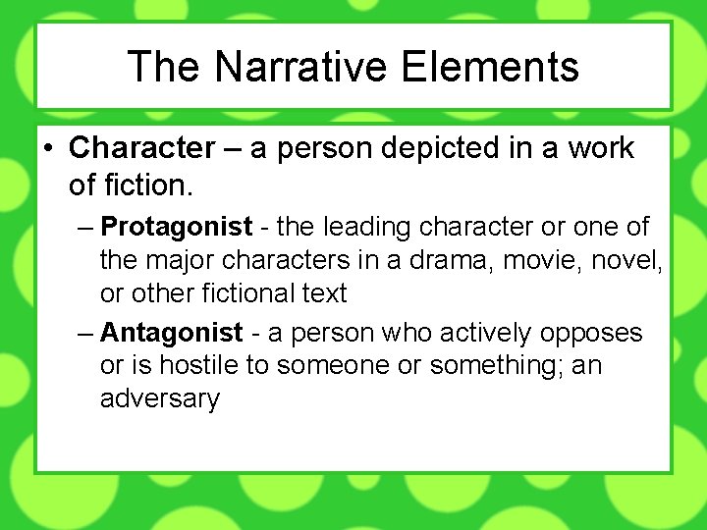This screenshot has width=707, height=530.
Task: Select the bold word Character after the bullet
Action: click(x=141, y=149)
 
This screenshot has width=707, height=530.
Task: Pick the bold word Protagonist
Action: click(x=177, y=228)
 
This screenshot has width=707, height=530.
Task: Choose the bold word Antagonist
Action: click(x=172, y=334)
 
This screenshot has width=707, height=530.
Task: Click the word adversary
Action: click(x=160, y=399)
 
